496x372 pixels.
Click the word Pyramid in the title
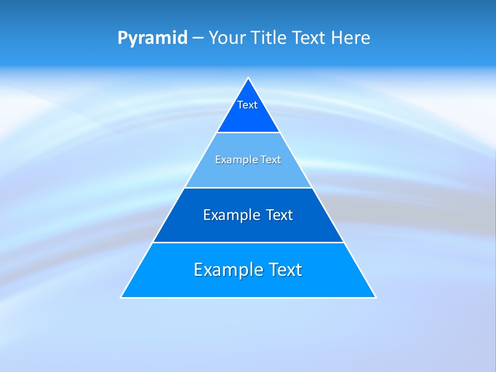point(152,38)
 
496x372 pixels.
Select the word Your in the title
point(228,38)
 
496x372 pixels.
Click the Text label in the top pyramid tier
point(247,105)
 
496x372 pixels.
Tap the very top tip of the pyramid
point(249,78)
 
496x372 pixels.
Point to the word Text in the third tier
point(280,215)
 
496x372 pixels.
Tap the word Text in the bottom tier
point(285,270)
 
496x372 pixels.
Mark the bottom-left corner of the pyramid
point(121,297)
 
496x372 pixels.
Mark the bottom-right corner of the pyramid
point(376,297)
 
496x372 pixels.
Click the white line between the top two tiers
point(249,132)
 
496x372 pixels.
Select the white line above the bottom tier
point(249,242)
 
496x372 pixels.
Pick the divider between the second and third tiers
point(249,188)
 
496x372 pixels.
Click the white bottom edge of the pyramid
point(249,298)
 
